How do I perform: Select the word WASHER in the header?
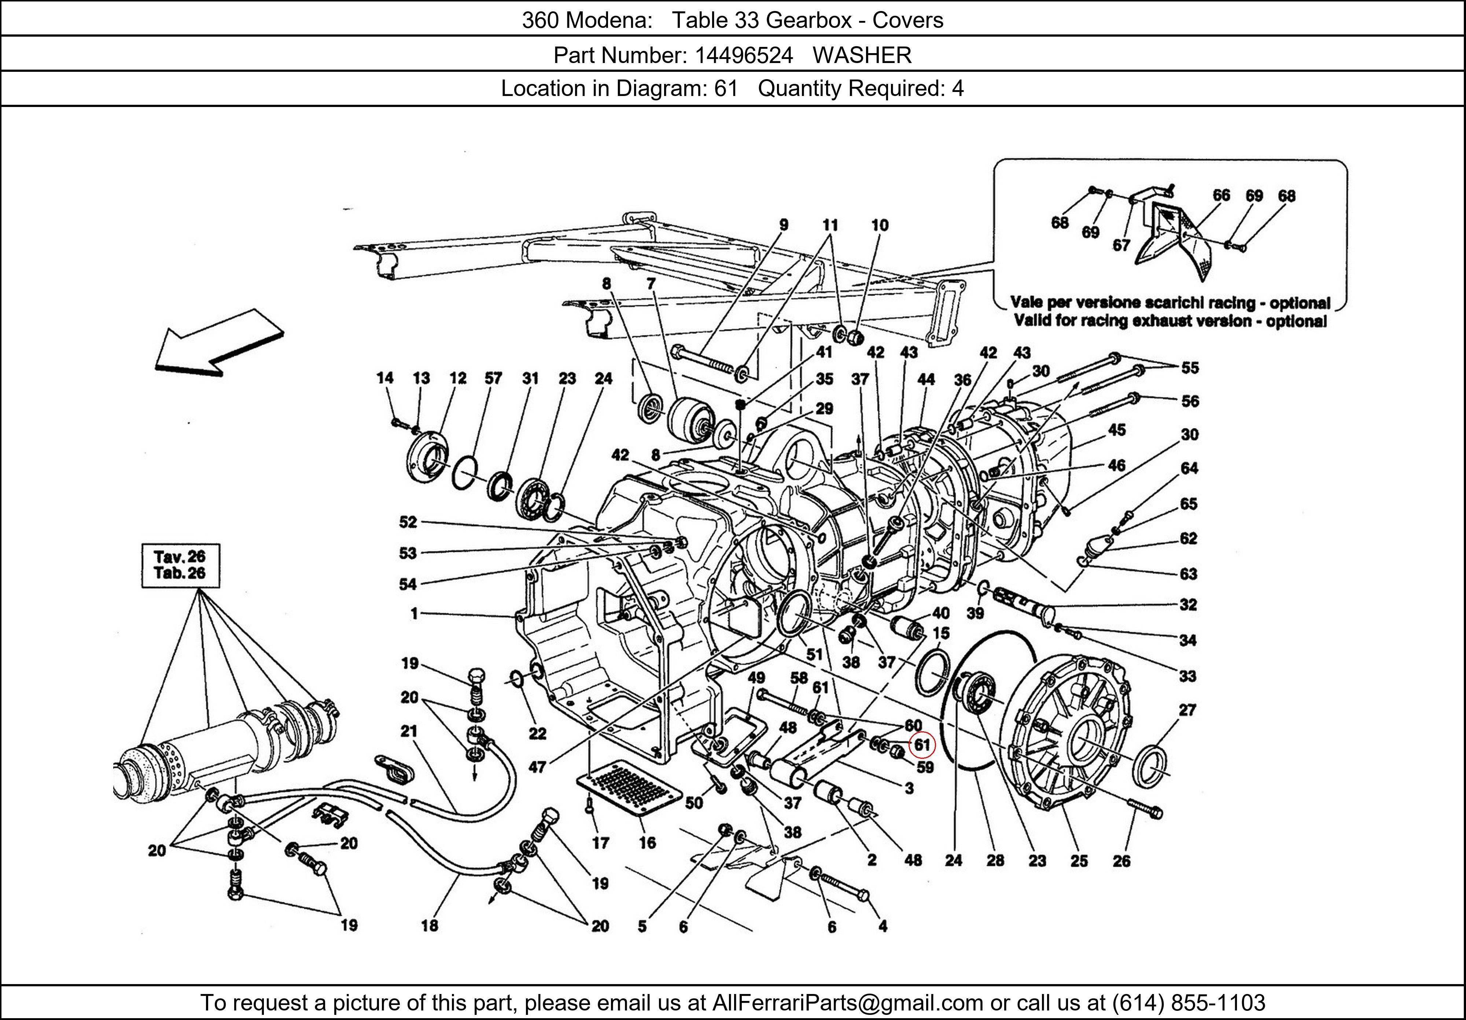pyautogui.click(x=862, y=56)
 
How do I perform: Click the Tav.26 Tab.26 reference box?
pyautogui.click(x=180, y=565)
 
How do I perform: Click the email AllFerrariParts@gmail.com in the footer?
pyautogui.click(x=847, y=1003)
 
